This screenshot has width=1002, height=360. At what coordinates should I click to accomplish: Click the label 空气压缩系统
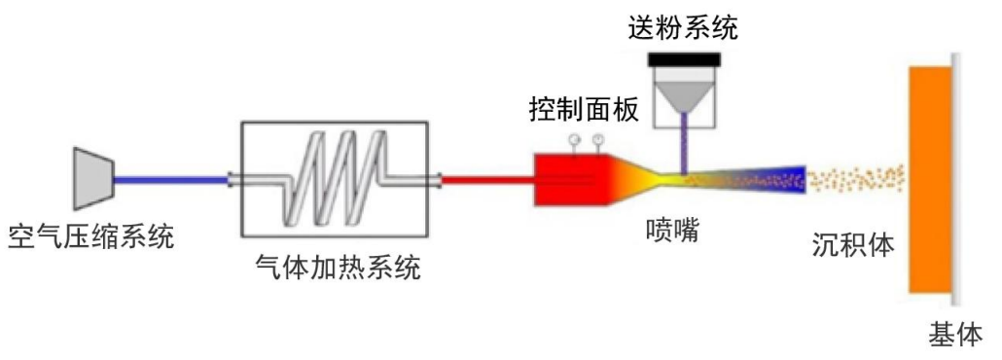[91, 235]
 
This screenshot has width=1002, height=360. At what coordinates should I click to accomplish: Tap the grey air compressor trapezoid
[93, 178]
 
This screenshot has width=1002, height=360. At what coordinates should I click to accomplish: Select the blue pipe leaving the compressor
[170, 179]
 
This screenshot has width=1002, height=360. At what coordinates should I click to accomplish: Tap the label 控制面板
[584, 109]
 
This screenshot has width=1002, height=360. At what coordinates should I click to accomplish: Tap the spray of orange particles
[857, 179]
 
